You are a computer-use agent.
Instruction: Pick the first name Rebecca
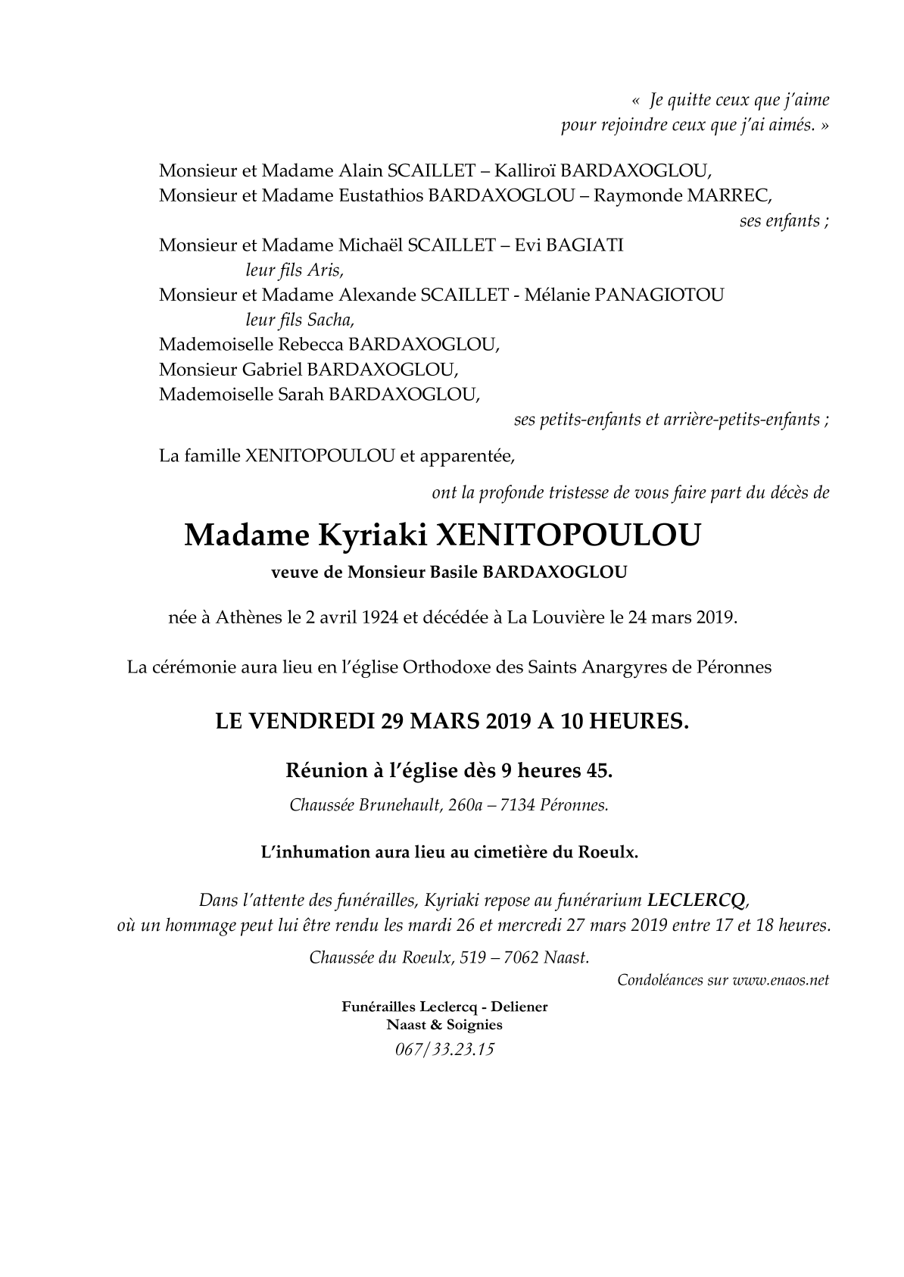click(311, 345)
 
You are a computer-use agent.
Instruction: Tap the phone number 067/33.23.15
click(444, 1050)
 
